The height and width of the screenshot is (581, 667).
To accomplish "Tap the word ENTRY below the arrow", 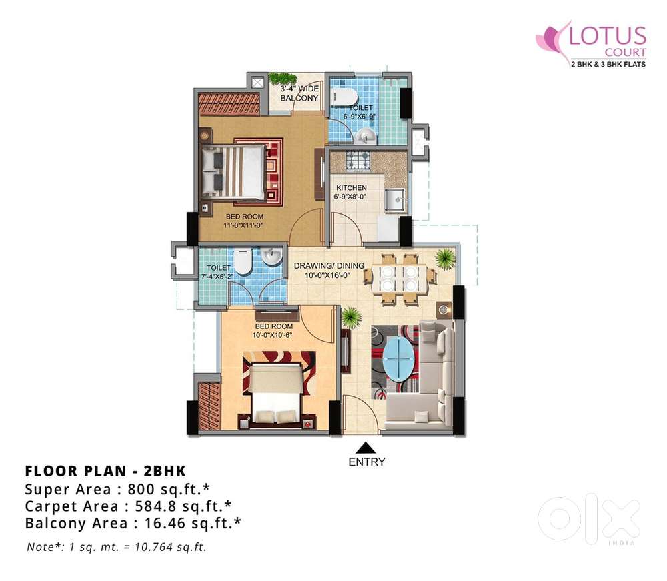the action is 367,462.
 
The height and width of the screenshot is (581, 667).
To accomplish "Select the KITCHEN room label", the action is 352,187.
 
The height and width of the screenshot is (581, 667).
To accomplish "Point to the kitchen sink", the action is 395,199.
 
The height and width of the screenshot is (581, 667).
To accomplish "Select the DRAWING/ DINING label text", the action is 329,266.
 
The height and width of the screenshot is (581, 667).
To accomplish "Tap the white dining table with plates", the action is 399,279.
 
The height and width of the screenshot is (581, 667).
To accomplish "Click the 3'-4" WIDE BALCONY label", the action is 299,93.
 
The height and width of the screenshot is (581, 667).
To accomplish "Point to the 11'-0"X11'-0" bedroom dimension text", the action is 243,225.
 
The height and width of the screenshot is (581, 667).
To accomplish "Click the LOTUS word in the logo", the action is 608,36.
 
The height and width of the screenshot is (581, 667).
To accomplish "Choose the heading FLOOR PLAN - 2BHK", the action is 106,471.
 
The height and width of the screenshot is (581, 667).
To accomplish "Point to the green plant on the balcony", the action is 282,79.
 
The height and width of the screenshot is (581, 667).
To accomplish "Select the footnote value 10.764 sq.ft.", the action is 171,547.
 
